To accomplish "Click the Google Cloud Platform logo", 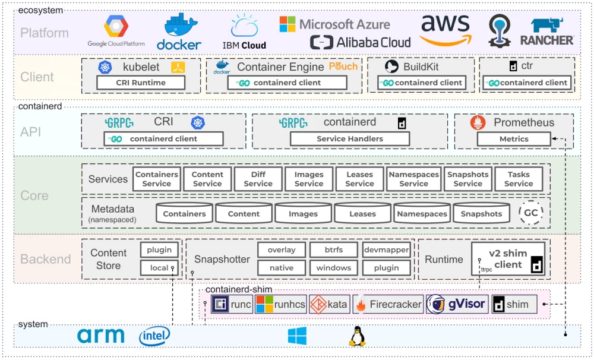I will point(116,31).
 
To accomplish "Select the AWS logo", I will point(445,30).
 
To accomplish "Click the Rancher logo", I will point(546,32).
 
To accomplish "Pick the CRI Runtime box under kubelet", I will point(140,83).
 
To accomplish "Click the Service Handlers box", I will point(349,138).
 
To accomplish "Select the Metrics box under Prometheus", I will point(514,138).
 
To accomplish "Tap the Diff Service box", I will point(258,179).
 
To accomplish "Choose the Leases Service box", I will point(359,179).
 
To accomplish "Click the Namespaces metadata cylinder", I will point(422,213).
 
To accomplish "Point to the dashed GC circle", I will point(531,213).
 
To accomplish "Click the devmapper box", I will point(386,250).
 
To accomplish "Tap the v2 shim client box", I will point(508,259).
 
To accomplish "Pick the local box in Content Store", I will point(159,268).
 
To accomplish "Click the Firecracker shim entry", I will point(388,305).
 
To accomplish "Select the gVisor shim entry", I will point(457,305).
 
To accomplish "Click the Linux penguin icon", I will point(357,336).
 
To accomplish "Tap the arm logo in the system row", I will point(101,336).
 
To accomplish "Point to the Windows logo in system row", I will point(297,336).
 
